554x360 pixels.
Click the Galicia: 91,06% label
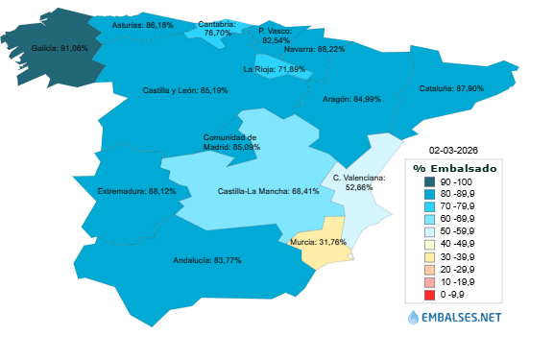(60, 47)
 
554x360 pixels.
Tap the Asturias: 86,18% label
(143, 25)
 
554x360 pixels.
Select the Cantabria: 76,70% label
(217, 28)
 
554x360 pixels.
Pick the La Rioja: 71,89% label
(275, 69)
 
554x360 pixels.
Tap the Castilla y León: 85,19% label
(185, 90)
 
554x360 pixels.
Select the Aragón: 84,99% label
(352, 98)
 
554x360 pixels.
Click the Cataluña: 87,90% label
(451, 88)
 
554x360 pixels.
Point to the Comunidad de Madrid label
(230, 142)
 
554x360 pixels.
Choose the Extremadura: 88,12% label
(137, 191)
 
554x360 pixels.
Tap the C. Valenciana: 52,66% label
(359, 182)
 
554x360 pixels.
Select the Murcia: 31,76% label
(318, 242)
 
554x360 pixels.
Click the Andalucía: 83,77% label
(206, 260)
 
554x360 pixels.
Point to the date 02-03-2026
(452, 151)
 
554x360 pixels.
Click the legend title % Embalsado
(455, 168)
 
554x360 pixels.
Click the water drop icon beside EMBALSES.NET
(414, 316)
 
